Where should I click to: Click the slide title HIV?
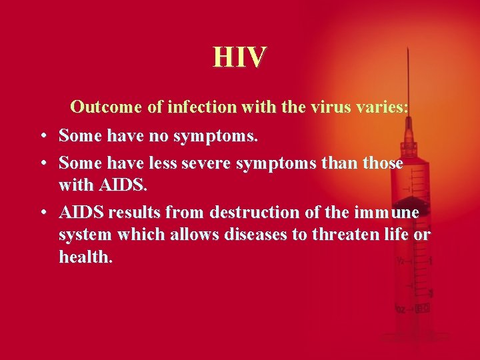[239, 57]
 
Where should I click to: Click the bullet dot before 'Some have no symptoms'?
[42, 137]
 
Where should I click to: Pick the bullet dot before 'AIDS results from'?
[42, 213]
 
